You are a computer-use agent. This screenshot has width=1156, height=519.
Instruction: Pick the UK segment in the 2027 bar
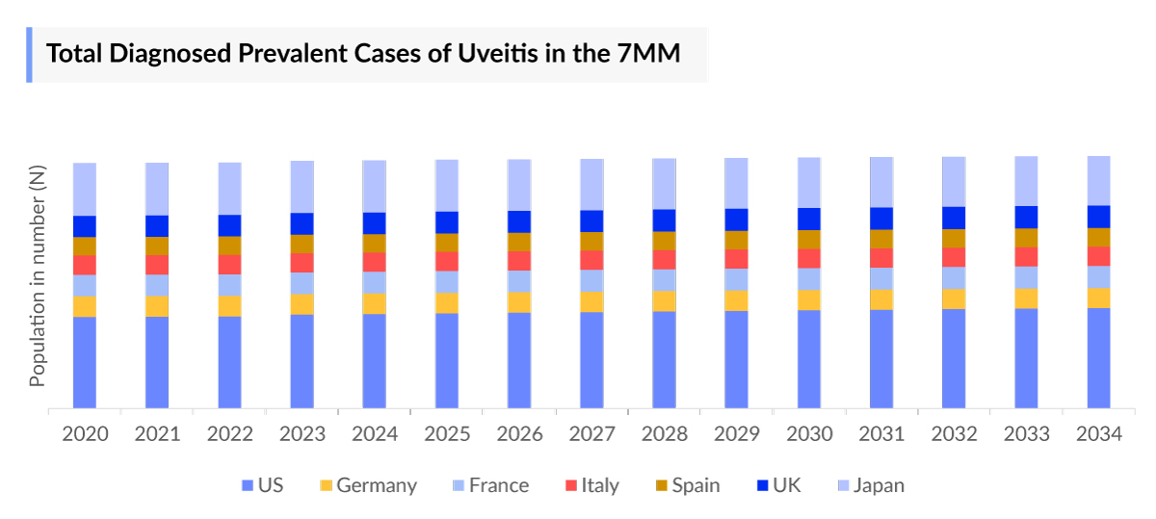tap(591, 221)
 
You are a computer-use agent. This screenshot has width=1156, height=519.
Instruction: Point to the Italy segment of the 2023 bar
tap(302, 263)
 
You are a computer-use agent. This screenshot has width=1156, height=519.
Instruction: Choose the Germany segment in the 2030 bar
tap(809, 299)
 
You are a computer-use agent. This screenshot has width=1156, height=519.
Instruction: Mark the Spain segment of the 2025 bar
tap(447, 243)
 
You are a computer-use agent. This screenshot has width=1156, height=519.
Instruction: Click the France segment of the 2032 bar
tap(954, 277)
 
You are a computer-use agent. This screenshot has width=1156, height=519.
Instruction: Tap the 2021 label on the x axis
tap(157, 434)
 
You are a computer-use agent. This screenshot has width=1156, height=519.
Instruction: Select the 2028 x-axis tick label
tap(664, 434)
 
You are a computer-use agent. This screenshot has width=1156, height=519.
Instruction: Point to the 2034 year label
tap(1098, 434)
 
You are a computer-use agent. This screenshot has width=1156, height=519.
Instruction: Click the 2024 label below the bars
tap(375, 434)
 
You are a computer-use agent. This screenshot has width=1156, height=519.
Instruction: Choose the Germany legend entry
tap(376, 485)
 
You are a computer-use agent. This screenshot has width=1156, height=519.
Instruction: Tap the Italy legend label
tap(599, 485)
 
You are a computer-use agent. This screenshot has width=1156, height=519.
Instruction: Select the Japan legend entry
tap(878, 485)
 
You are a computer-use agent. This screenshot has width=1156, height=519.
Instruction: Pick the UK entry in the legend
tap(786, 485)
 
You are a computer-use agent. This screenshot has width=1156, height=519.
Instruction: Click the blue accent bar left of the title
tap(29, 54)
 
